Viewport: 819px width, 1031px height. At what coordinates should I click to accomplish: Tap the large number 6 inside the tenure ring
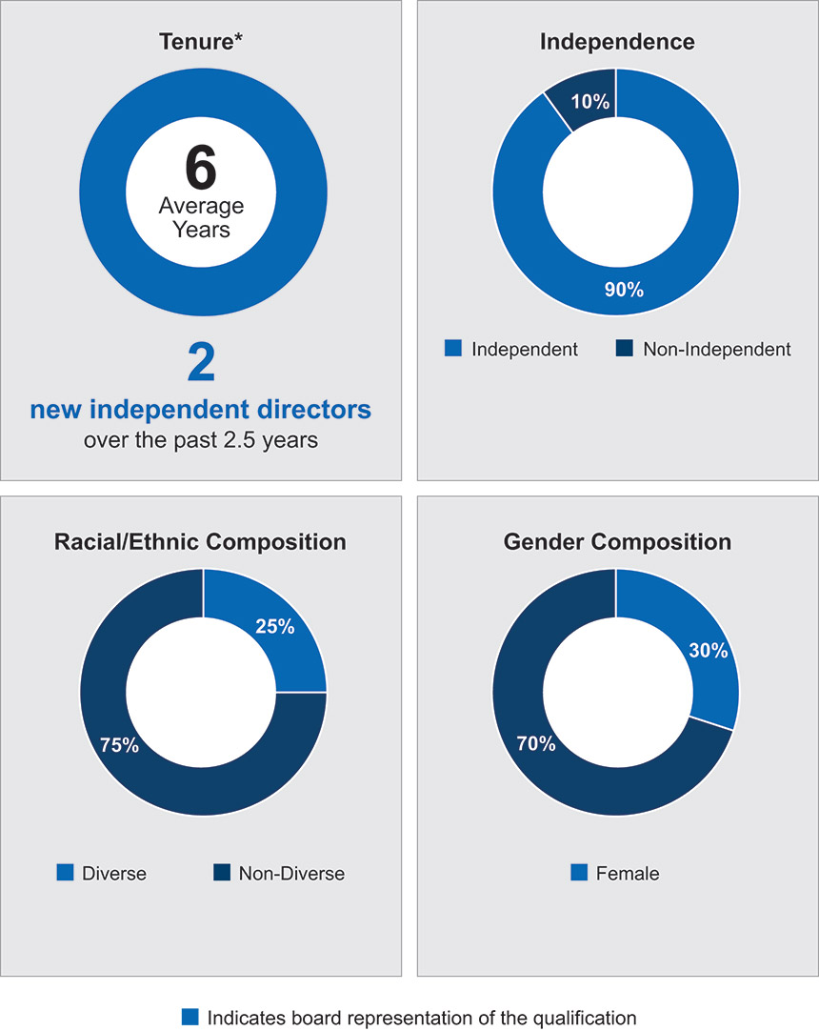click(201, 168)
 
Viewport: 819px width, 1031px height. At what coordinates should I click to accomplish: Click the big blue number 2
click(200, 365)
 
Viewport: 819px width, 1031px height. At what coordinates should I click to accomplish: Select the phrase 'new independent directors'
click(200, 411)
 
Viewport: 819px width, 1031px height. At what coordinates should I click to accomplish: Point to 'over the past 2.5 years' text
click(200, 440)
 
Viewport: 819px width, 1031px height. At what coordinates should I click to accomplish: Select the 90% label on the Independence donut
click(625, 289)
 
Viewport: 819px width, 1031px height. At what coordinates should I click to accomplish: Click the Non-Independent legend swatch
click(625, 349)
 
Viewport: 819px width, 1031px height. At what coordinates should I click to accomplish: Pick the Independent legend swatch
click(453, 349)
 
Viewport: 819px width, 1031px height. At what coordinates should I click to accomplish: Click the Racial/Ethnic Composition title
click(201, 542)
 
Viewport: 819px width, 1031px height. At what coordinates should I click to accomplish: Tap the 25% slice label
click(275, 626)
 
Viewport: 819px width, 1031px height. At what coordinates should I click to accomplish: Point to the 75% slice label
click(119, 745)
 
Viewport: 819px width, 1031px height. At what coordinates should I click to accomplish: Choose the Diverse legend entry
click(102, 873)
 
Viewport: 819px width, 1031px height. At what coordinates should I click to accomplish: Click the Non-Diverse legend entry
click(278, 873)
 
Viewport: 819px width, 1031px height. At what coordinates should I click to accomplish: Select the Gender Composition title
click(616, 542)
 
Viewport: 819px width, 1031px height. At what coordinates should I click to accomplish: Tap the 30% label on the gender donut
click(709, 651)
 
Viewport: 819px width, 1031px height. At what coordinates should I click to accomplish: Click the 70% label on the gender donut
click(536, 743)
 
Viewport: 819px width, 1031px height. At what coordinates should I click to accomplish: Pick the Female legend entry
click(615, 873)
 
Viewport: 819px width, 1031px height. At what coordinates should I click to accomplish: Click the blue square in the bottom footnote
click(190, 1017)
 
